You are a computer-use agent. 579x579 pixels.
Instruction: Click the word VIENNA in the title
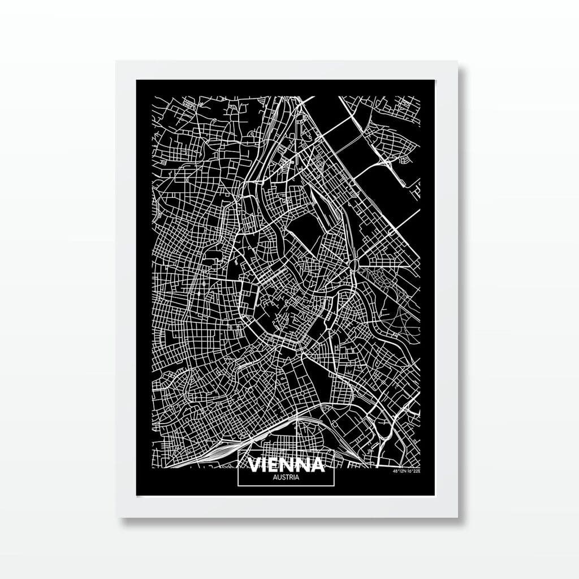tap(287, 465)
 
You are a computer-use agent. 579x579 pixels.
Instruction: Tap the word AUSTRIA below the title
tap(287, 477)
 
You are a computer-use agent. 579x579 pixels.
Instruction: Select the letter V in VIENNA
tap(256, 465)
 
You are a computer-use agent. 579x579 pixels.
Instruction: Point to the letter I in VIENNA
tap(266, 465)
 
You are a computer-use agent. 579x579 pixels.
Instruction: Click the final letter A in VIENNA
tap(317, 465)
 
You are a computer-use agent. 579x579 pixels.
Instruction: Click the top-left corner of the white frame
tap(116, 61)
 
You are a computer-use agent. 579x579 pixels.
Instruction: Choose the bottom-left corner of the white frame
tap(116, 517)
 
